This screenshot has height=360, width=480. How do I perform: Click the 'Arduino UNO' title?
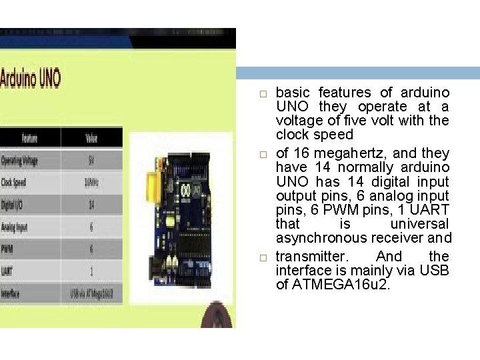31,79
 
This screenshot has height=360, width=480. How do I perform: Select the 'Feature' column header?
30,139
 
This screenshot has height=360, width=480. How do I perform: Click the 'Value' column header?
91,139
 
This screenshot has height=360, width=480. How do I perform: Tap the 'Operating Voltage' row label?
20,161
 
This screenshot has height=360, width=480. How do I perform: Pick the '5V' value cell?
91,161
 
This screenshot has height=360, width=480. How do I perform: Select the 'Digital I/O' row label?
13,205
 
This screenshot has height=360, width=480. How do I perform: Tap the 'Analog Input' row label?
15,227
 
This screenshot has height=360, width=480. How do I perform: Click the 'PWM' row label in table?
7,249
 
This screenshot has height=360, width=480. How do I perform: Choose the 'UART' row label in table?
7,271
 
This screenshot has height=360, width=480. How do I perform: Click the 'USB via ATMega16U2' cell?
91,293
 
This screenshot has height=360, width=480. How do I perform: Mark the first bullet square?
263,93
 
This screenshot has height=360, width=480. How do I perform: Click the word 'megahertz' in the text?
333,153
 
